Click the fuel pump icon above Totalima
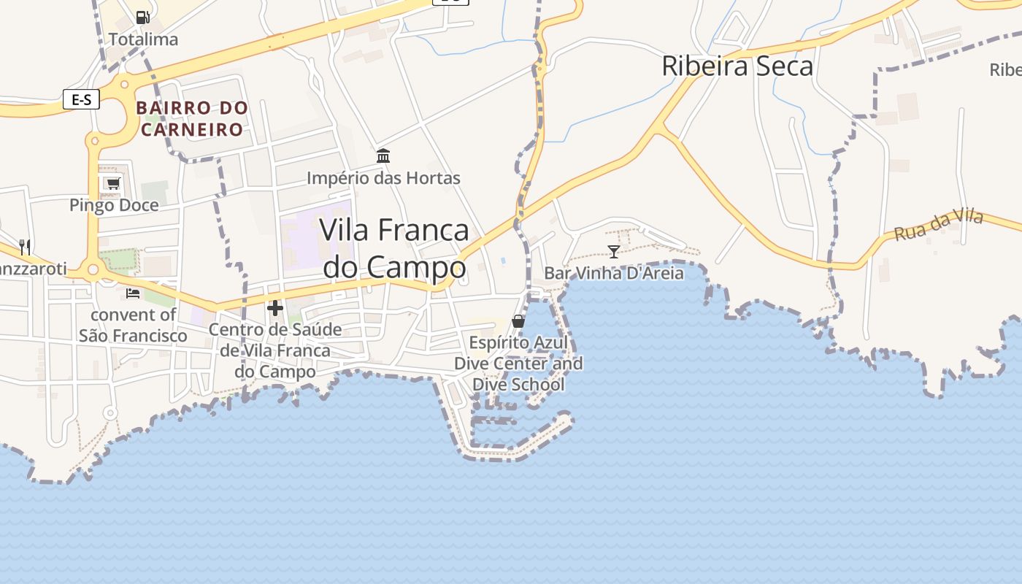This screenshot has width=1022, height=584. coord(143,17)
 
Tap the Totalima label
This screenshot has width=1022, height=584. coord(143,39)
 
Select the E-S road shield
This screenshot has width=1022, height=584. coord(81,99)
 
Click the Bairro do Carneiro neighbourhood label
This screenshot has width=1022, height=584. coord(192,119)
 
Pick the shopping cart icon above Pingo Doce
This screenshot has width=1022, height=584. coord(112,183)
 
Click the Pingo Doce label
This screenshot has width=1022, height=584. coord(114,205)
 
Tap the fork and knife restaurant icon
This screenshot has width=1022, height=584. coord(25,246)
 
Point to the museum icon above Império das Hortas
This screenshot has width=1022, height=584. coord(383,155)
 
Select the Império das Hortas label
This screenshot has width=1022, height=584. coord(383,178)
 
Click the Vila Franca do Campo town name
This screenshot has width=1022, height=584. coord(394,249)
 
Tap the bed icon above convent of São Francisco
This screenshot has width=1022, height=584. coord(133,293)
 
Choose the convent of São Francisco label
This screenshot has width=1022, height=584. coord(133,326)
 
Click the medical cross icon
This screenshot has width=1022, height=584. coord(275,308)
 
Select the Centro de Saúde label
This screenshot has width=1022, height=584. coord(275,350)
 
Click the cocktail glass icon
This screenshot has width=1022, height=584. coord(613,252)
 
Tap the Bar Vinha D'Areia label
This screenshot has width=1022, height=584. coord(613,274)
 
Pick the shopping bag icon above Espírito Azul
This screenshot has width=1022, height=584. coord(518,320)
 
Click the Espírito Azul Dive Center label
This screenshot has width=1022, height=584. coord(518,364)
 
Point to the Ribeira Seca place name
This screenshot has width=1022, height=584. coord(737,66)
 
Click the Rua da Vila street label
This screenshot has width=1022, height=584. coord(939,226)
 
